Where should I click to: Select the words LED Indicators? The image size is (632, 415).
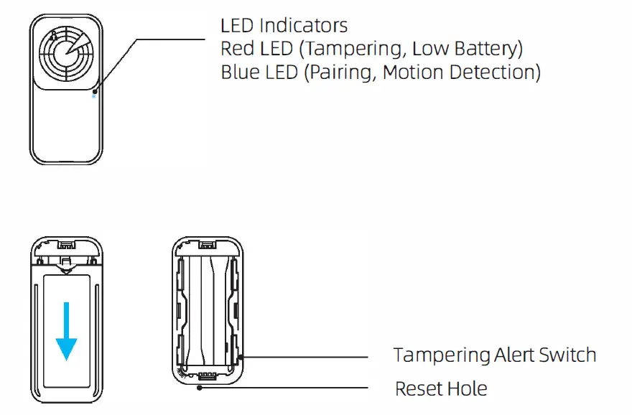point(284,26)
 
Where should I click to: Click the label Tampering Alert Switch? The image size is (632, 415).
point(495,355)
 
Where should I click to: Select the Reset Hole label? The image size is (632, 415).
point(441,389)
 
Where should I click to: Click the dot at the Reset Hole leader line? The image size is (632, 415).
point(199,388)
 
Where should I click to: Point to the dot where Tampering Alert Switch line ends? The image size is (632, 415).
point(239,355)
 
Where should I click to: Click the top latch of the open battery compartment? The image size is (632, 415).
point(209,246)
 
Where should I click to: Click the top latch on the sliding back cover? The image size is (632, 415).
point(67,247)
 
